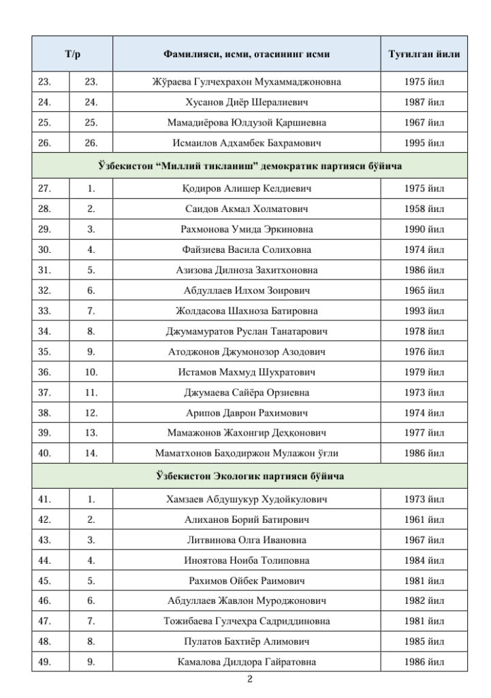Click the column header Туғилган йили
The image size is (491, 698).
click(424, 54)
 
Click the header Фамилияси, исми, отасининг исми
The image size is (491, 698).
click(247, 54)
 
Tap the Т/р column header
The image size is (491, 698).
click(72, 54)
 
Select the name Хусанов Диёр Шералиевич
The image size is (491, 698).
click(247, 102)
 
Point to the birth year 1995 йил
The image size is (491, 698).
click(424, 143)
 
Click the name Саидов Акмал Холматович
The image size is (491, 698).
click(247, 209)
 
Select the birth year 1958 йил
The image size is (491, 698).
click(424, 209)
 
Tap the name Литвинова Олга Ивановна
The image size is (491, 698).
click(247, 540)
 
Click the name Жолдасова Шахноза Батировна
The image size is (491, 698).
click(247, 311)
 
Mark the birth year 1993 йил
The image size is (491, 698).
click(424, 311)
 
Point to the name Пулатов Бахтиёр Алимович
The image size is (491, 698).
click(247, 641)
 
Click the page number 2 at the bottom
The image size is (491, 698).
click(249, 679)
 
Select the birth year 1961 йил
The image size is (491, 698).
click(424, 519)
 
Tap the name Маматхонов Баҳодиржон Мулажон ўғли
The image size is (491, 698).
click(247, 453)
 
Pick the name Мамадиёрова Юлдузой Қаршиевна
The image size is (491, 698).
click(247, 123)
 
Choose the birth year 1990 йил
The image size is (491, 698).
click(424, 229)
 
